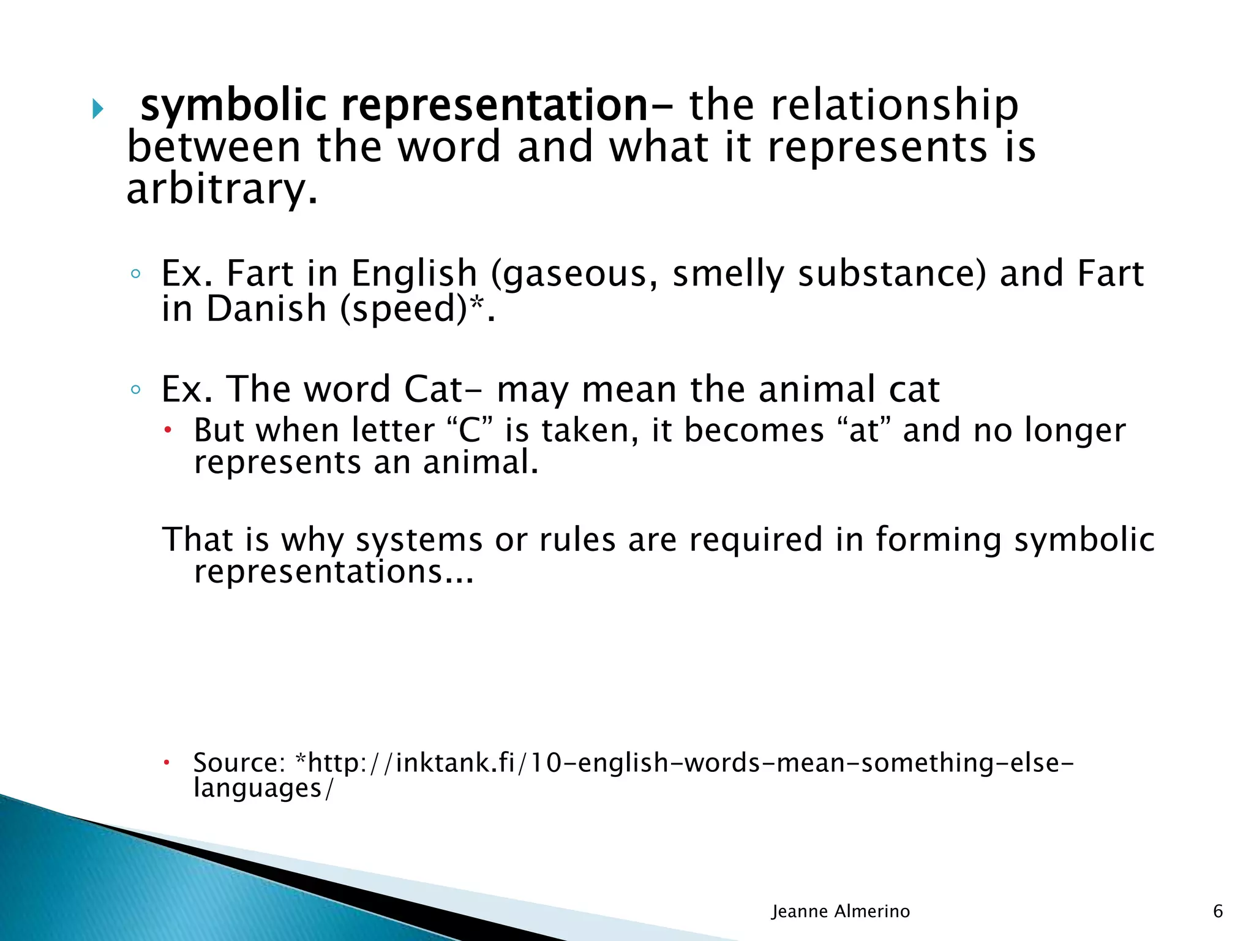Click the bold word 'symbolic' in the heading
(x=233, y=107)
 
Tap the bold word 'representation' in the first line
(x=494, y=107)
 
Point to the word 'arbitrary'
(x=222, y=189)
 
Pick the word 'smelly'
(x=728, y=274)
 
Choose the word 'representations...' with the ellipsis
(x=334, y=572)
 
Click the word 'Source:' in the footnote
(x=239, y=763)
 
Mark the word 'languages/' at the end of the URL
(x=264, y=788)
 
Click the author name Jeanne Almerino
(x=840, y=912)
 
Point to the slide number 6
(x=1218, y=912)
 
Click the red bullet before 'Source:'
(x=166, y=763)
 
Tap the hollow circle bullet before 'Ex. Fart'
(x=136, y=274)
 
